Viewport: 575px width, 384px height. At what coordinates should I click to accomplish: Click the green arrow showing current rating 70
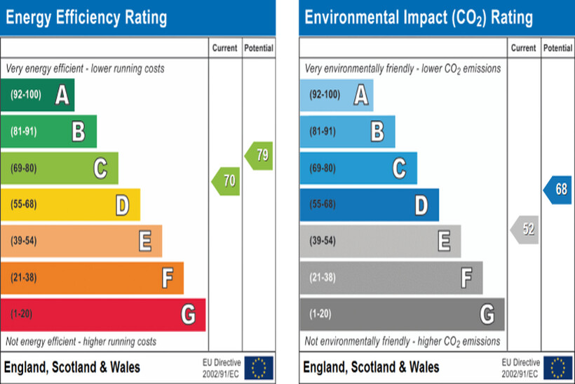click(x=226, y=181)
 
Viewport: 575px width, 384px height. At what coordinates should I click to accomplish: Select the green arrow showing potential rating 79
click(x=259, y=156)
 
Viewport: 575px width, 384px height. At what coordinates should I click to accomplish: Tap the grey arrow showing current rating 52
click(x=525, y=230)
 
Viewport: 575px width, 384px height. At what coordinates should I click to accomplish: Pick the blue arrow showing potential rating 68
click(x=557, y=190)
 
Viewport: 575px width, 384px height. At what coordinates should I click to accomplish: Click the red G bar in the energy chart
click(x=102, y=315)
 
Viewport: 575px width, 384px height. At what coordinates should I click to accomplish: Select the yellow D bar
click(x=70, y=205)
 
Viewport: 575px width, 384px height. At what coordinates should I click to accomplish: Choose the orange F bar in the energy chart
click(x=92, y=278)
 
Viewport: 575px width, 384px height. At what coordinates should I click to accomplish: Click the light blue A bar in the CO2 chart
click(x=336, y=95)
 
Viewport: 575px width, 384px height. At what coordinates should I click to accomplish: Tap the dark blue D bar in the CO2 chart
click(x=369, y=205)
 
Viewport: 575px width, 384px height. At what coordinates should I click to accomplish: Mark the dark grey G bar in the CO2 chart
click(x=402, y=315)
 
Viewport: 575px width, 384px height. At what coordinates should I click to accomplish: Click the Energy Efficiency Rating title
click(x=86, y=17)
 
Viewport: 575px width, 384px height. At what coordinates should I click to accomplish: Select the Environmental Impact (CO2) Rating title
click(x=419, y=18)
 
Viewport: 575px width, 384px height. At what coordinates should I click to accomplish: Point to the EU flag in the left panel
click(x=259, y=367)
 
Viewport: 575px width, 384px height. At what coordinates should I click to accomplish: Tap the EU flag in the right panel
click(x=558, y=367)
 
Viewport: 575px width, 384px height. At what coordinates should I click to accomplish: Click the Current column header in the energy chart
click(x=225, y=48)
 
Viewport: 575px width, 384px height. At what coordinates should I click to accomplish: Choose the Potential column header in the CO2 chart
click(x=557, y=48)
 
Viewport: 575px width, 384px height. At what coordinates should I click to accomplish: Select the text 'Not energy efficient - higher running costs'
click(x=81, y=342)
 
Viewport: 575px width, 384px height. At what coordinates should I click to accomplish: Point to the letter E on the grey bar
click(x=444, y=241)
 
